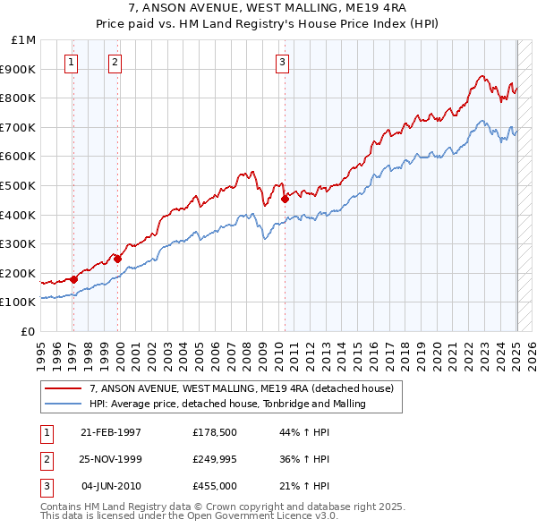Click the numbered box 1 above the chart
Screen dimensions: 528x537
pyautogui.click(x=71, y=62)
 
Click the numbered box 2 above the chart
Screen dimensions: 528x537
pyautogui.click(x=115, y=62)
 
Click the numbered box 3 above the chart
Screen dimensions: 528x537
pyautogui.click(x=282, y=62)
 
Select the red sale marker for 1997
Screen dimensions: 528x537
pyautogui.click(x=74, y=279)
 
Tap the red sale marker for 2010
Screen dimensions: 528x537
pyautogui.click(x=285, y=199)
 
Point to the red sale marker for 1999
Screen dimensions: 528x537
pyautogui.click(x=118, y=259)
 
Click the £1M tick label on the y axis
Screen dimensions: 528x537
pyautogui.click(x=24, y=40)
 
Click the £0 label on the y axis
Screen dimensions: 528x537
pyautogui.click(x=28, y=331)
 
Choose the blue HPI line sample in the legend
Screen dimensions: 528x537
pyautogui.click(x=64, y=405)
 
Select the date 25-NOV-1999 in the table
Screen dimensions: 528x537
pyautogui.click(x=111, y=459)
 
